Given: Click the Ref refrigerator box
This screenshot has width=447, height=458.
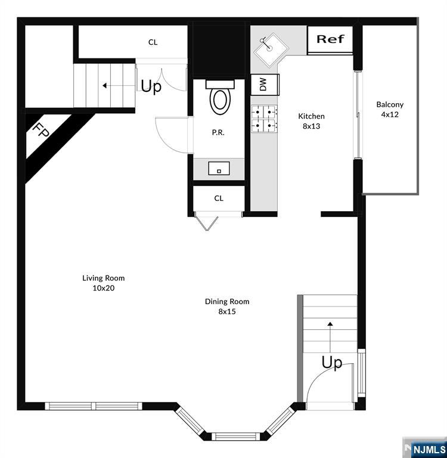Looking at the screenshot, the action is click(x=330, y=40).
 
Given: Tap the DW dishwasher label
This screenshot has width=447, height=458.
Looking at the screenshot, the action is click(x=263, y=84).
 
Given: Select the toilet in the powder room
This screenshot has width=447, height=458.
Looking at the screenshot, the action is click(x=220, y=97).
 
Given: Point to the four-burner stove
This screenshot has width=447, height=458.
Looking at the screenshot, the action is click(x=264, y=119).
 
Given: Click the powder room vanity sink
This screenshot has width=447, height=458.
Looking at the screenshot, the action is click(x=219, y=169).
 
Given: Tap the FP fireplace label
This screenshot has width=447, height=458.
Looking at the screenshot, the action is click(x=41, y=130).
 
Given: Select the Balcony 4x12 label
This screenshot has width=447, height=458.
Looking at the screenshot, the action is click(x=390, y=109).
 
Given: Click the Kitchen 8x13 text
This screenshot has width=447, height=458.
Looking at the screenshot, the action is click(x=311, y=121).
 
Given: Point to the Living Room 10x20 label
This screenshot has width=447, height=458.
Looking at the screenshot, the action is click(x=103, y=283).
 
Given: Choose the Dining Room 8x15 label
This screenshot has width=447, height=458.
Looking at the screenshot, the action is click(x=227, y=306).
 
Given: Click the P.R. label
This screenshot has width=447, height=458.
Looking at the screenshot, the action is click(x=218, y=132).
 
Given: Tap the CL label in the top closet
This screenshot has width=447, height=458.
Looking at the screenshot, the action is click(x=153, y=42).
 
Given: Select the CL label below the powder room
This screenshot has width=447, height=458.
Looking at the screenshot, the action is click(x=219, y=199).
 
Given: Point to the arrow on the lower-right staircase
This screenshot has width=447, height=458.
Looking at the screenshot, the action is click(x=330, y=338).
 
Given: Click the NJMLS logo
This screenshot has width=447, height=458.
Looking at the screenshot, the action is click(x=425, y=448).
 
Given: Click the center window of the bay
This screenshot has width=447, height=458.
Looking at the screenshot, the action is click(x=235, y=437).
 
